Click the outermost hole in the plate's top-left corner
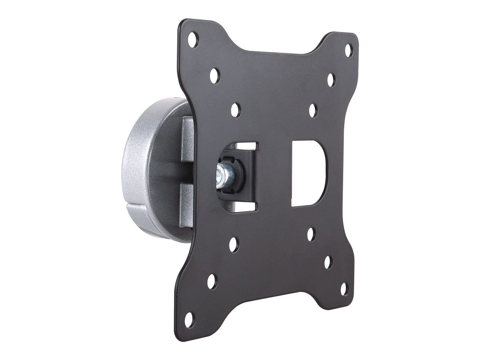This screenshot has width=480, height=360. [193, 40]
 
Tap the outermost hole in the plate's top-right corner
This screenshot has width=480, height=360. [348, 50]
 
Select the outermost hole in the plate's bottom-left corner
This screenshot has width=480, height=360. [189, 320]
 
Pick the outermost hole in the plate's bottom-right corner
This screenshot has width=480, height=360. [344, 289]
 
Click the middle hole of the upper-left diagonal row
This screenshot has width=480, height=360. [214, 75]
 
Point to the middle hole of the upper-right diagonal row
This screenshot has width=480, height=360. [331, 80]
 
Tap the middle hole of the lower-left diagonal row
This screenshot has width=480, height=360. [212, 282]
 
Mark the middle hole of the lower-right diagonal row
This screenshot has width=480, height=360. [328, 262]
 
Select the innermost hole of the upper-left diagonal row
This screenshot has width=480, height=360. [236, 110]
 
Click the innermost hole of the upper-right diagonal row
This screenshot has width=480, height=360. [313, 110]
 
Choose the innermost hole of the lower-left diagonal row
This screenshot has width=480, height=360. [234, 244]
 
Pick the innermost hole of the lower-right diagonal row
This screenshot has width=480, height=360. [311, 234]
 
